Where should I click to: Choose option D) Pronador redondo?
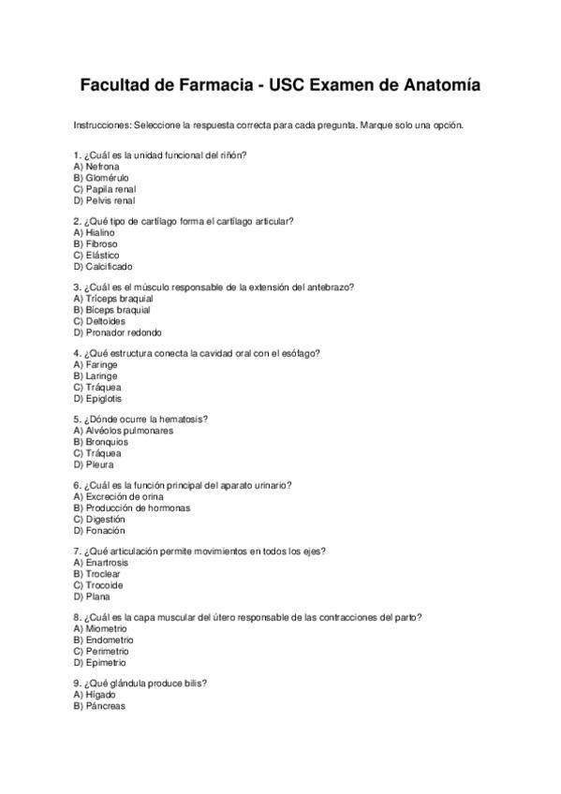pos(117,332)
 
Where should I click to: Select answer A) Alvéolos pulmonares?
pos(123,431)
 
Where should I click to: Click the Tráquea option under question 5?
pos(96,453)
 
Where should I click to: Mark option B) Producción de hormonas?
pos(131,508)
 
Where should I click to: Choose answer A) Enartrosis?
pos(100,563)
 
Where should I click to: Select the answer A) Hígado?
pos(94,696)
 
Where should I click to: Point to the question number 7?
pos(76,551)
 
